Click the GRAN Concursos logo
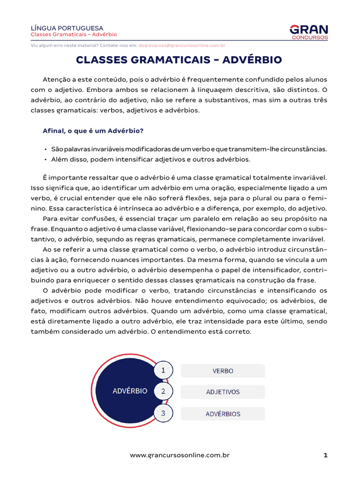point(309,31)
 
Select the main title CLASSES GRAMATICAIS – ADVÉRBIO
point(179,60)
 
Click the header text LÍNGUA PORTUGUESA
point(67,28)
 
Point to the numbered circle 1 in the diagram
point(163,370)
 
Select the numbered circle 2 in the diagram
point(163,391)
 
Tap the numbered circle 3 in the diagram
point(163,413)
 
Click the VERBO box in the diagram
point(223,371)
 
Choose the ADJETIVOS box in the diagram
point(223,392)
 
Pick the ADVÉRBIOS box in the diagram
point(223,414)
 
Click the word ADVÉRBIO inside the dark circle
point(130,390)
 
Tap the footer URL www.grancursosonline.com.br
point(180,455)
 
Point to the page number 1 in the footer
point(325,455)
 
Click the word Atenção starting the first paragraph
point(55,79)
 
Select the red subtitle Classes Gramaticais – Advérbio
point(74,35)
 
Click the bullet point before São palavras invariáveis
point(45,149)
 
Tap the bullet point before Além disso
point(45,159)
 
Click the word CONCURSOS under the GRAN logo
point(310,37)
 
